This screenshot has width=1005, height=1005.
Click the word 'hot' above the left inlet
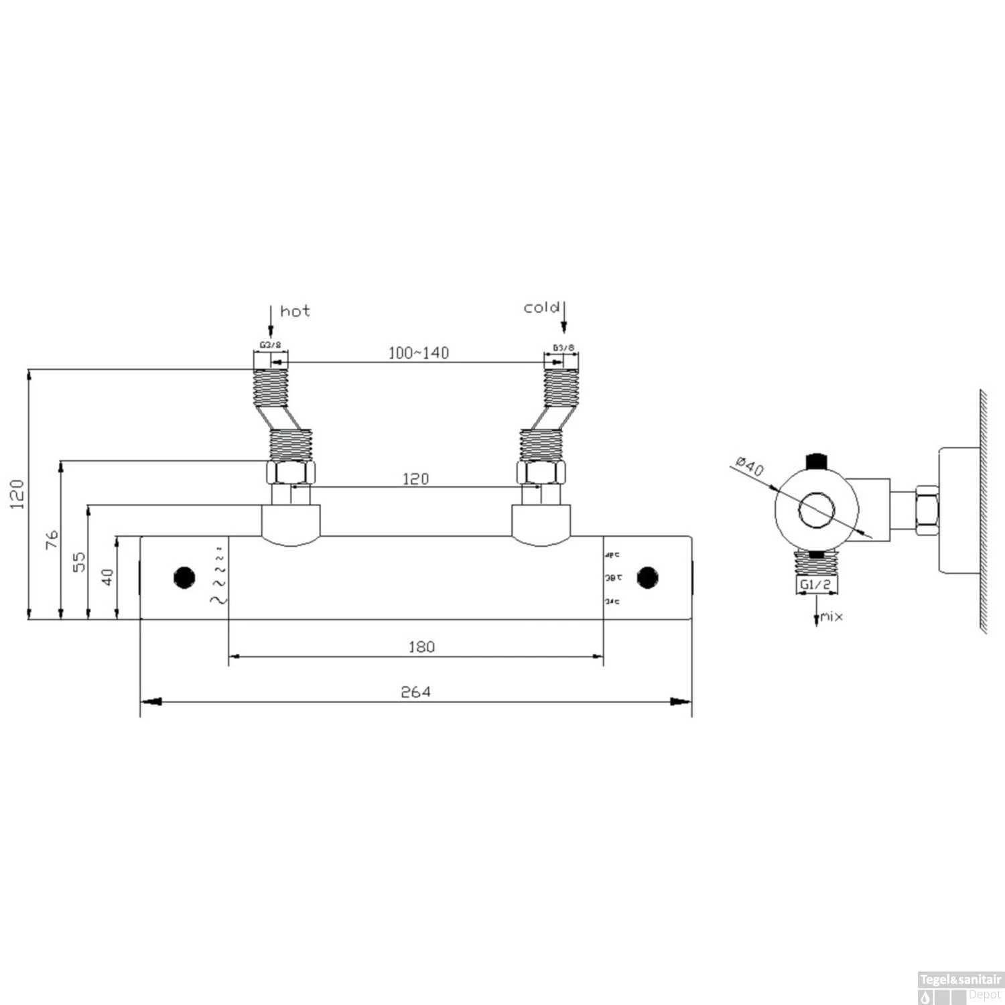click(x=295, y=311)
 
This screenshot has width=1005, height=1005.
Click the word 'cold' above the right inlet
click(x=541, y=308)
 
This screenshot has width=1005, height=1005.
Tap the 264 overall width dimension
click(x=415, y=691)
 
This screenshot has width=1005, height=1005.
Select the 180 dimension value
click(x=421, y=647)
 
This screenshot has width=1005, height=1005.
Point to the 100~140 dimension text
click(x=419, y=353)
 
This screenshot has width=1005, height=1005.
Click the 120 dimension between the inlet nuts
click(x=415, y=478)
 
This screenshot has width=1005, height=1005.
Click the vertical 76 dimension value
click(x=52, y=539)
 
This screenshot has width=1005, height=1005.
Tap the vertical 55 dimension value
click(x=79, y=562)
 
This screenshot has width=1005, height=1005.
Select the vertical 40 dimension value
click(x=107, y=576)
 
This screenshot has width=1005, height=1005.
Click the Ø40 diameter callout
click(x=750, y=466)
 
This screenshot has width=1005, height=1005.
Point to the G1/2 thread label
click(x=815, y=584)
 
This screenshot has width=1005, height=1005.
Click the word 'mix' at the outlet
click(x=832, y=616)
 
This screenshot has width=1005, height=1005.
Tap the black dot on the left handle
click(x=184, y=577)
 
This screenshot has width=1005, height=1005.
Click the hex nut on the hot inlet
click(x=291, y=472)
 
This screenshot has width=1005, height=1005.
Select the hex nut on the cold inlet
click(x=541, y=472)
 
